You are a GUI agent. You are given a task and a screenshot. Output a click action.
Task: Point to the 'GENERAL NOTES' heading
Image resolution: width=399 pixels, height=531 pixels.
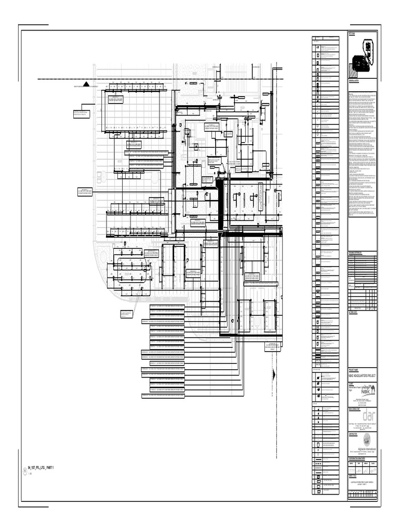354,81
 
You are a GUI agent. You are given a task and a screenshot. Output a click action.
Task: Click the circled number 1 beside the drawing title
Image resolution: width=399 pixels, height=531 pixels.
24,471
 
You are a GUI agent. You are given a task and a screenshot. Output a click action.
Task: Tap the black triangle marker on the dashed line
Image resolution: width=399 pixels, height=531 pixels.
87,83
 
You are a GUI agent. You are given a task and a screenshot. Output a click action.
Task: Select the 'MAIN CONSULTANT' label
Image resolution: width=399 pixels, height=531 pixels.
355,408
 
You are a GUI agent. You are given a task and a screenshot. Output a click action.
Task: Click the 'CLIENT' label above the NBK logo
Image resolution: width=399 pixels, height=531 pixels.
351,381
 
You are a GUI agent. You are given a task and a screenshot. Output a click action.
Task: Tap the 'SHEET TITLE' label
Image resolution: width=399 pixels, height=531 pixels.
352,475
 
